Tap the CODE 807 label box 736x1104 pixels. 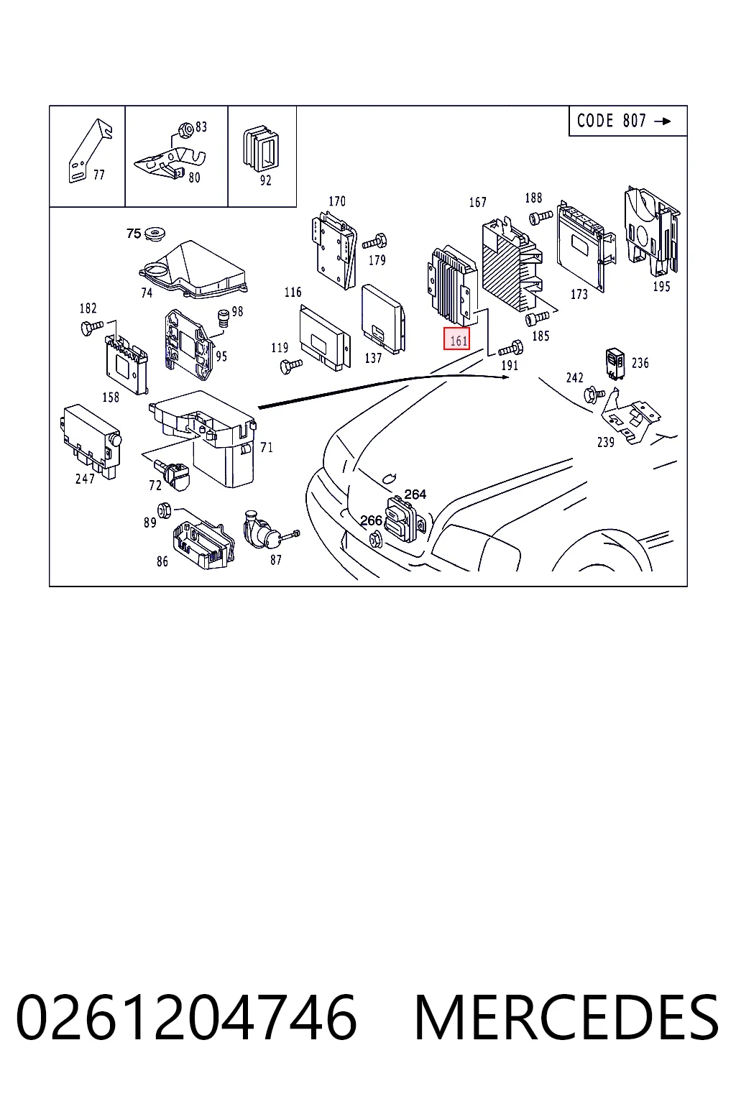627,121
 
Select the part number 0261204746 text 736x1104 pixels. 186,1017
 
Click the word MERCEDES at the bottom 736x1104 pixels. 566,1017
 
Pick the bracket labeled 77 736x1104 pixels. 89,149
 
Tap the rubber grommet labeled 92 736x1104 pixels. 261,148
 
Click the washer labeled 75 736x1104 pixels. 155,233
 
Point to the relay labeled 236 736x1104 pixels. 615,364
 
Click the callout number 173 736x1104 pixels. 579,294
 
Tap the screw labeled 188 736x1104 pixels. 540,217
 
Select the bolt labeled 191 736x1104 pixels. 511,348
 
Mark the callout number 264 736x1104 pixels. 415,494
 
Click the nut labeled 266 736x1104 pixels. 375,540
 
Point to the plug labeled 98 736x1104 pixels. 224,318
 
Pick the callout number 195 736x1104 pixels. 661,286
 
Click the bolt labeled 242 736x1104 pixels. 594,395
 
